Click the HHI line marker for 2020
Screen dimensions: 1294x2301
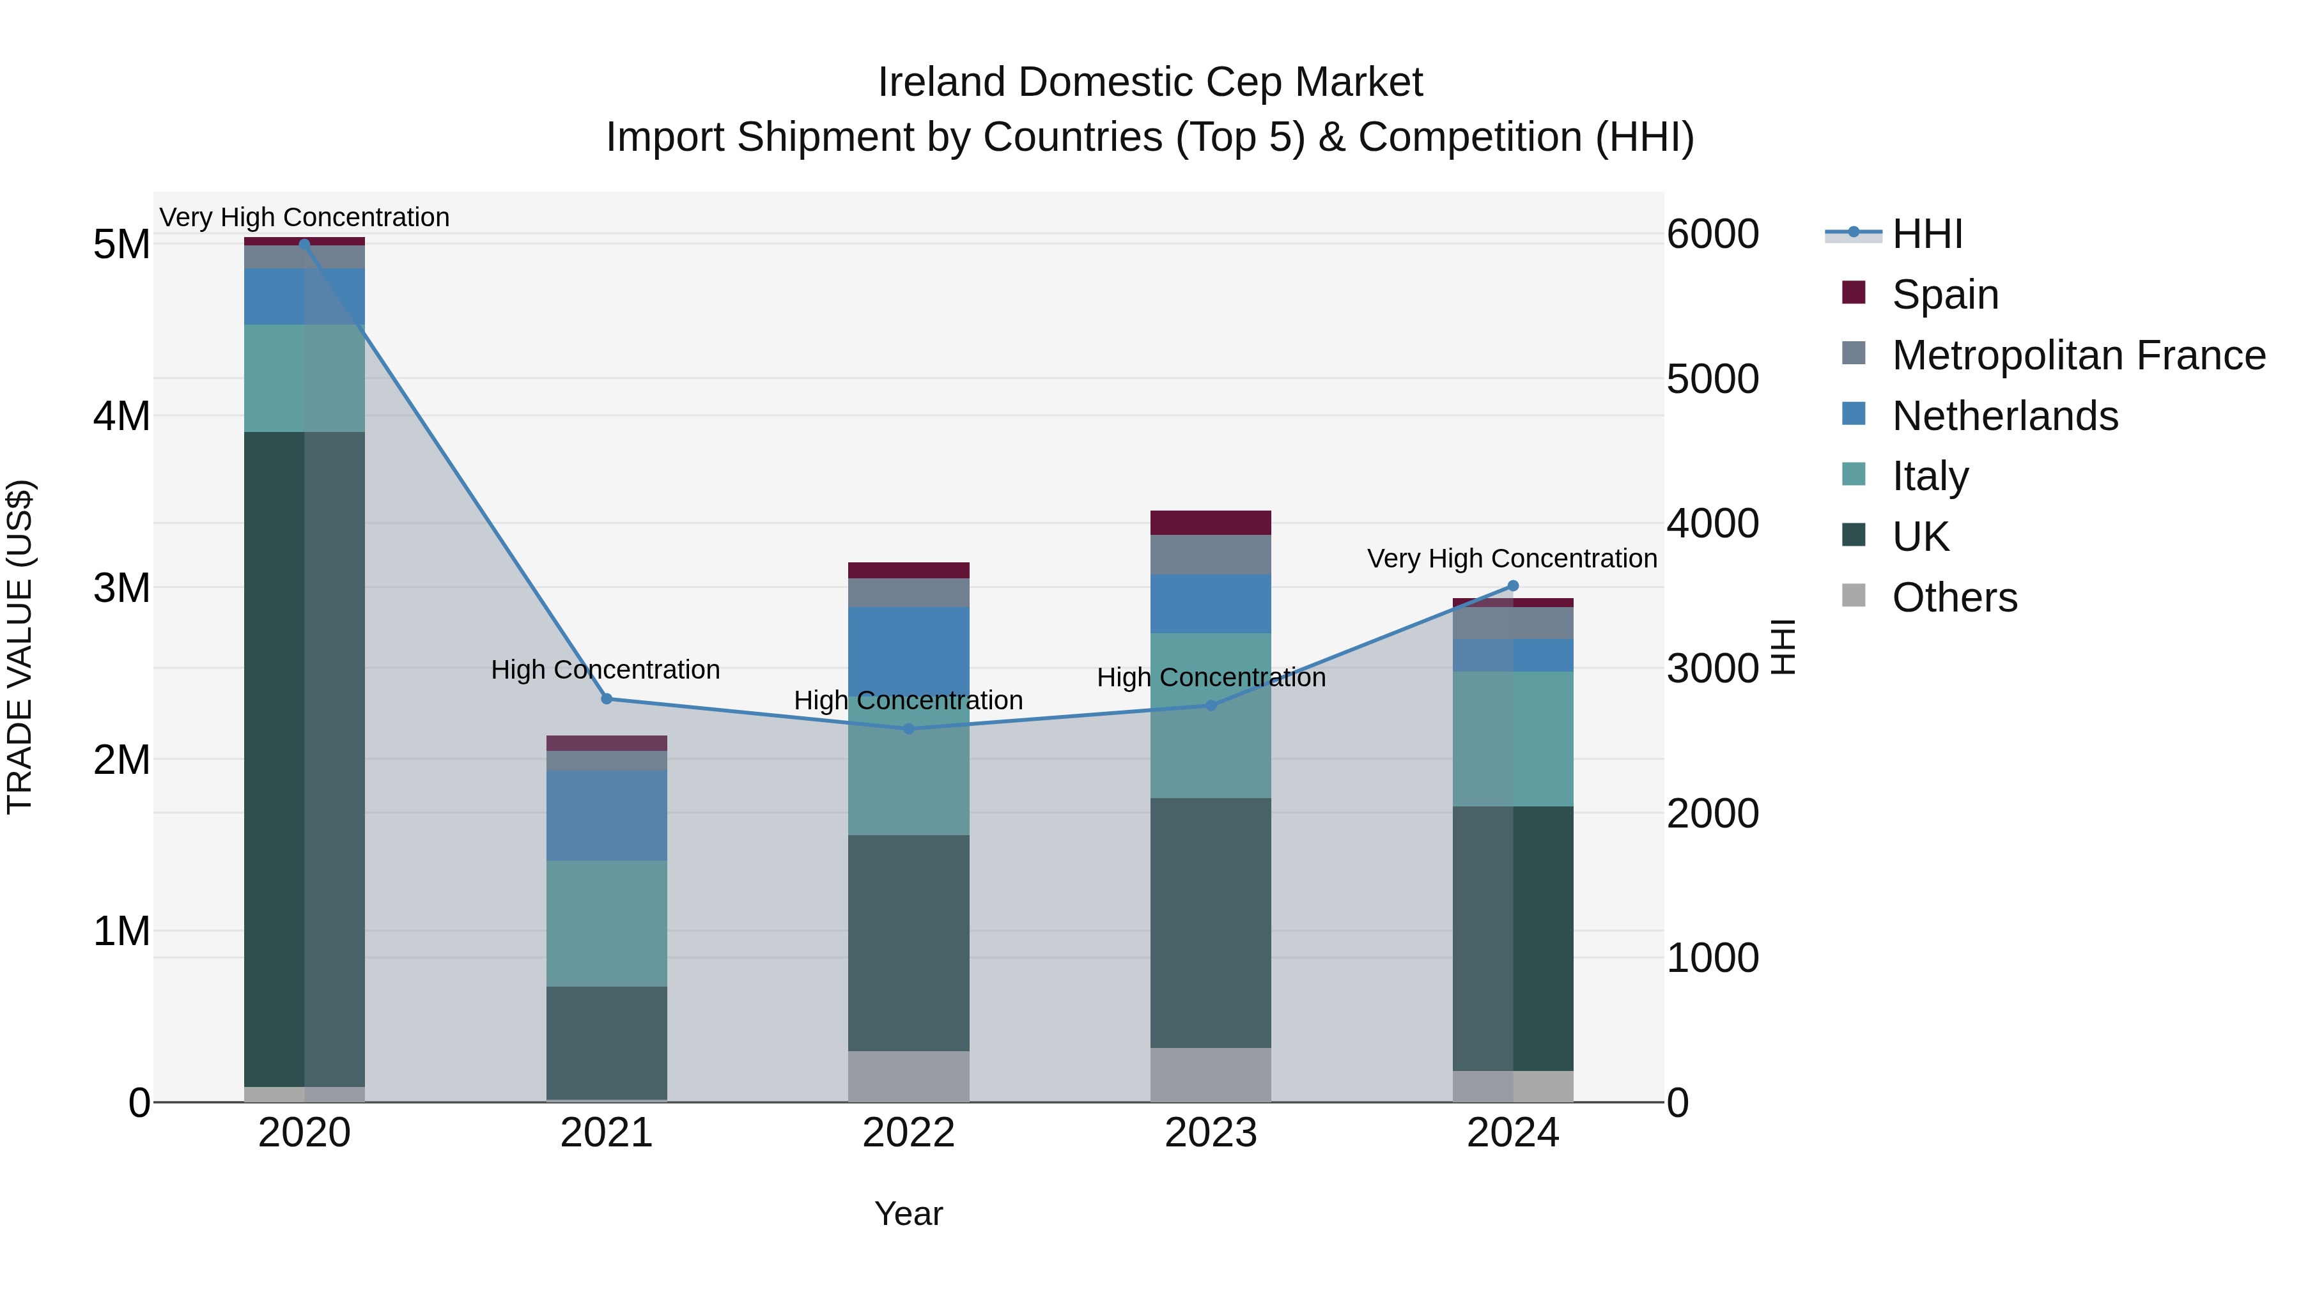tap(305, 244)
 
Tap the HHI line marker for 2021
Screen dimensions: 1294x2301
tap(607, 699)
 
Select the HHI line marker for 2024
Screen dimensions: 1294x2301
tap(1513, 586)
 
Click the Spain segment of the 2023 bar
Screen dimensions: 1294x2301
tap(1211, 523)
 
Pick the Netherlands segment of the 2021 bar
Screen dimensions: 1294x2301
tap(607, 815)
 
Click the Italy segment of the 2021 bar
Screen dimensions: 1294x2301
tap(607, 923)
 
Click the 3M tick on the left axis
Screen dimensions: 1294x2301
tap(121, 588)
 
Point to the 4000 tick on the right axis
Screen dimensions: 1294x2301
tap(1712, 523)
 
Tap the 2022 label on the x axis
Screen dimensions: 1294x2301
tap(908, 1133)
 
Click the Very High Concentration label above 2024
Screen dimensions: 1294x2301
tap(1512, 559)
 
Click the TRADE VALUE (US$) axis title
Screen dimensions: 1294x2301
tap(20, 647)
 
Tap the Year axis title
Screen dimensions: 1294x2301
tap(908, 1213)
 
